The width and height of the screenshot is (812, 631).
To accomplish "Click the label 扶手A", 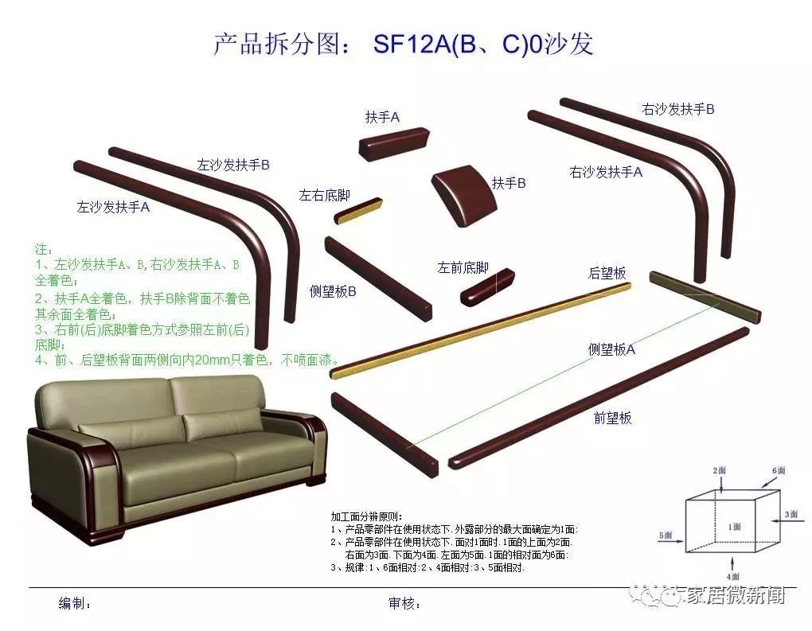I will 382,117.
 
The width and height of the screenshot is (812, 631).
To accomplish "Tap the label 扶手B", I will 509,183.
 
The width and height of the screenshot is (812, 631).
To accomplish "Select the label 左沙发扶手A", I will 113,208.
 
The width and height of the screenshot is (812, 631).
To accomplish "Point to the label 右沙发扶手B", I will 678,109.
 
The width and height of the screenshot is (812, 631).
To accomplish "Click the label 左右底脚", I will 324,195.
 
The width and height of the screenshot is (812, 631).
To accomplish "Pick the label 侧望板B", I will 333,291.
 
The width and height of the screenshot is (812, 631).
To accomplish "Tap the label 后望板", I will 607,273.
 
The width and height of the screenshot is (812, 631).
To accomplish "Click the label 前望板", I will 612,417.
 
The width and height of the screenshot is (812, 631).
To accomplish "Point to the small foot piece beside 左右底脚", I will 359,211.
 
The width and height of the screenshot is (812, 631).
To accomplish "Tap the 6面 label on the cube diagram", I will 778,471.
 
